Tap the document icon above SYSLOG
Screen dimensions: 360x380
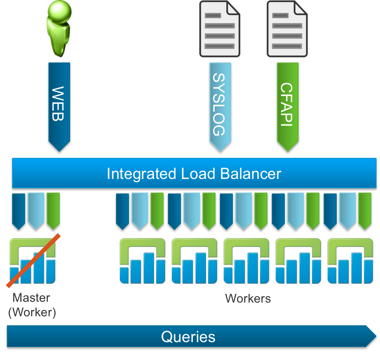[220, 28]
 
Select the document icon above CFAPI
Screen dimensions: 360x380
[287, 28]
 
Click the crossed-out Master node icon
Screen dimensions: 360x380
[32, 261]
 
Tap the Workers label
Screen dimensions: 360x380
[248, 298]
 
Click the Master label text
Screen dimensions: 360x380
[31, 298]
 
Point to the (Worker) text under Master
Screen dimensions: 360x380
[32, 312]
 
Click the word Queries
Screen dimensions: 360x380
[188, 336]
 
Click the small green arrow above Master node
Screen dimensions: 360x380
[53, 210]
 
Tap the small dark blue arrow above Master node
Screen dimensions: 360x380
[19, 210]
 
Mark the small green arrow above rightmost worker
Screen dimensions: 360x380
[365, 210]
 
